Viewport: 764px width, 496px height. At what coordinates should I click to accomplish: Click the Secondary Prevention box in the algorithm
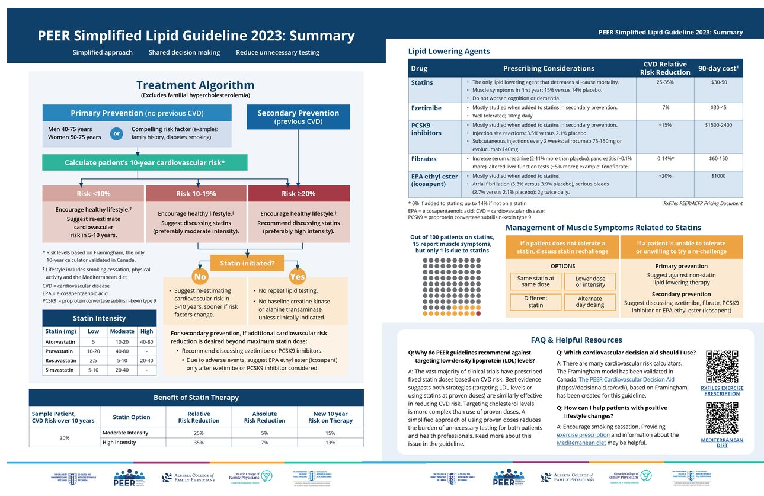click(298, 117)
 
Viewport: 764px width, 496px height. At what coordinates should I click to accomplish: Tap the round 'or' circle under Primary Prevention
click(116, 133)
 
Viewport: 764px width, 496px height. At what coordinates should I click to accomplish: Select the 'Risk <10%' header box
click(93, 194)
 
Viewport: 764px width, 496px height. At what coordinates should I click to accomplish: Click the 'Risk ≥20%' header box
click(299, 194)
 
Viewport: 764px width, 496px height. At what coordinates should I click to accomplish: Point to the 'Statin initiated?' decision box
click(247, 263)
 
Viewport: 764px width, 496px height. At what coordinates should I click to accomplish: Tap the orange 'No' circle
click(200, 276)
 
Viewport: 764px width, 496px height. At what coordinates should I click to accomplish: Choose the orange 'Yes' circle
click(297, 276)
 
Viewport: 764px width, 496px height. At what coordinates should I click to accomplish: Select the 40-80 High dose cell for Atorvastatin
click(146, 341)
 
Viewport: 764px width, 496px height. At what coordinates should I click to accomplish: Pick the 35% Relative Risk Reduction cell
click(199, 442)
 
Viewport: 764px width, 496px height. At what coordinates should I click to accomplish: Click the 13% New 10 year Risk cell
click(330, 442)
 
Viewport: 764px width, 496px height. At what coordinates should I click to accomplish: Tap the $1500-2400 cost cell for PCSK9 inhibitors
click(718, 125)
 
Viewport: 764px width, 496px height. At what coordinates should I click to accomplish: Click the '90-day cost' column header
click(718, 68)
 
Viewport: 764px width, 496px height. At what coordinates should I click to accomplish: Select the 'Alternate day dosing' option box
click(590, 302)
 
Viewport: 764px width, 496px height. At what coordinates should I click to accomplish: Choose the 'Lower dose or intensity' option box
click(590, 281)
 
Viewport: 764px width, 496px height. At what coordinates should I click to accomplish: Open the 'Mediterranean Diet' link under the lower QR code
click(722, 443)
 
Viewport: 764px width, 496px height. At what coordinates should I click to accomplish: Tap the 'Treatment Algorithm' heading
click(195, 85)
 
